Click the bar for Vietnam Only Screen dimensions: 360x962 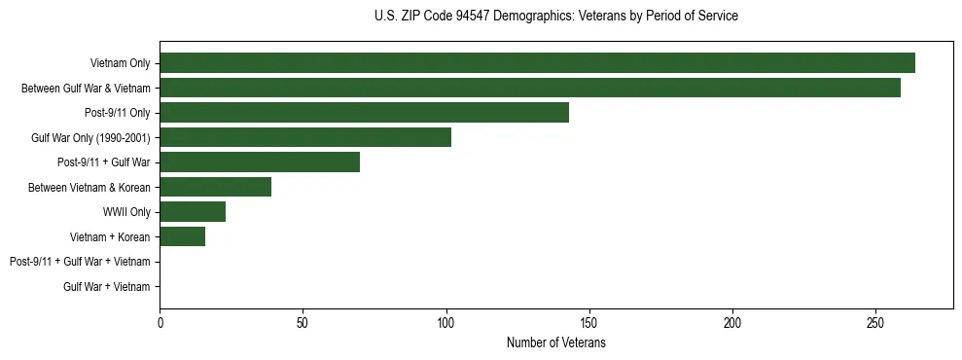tap(537, 63)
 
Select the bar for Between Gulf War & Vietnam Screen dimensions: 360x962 tap(530, 88)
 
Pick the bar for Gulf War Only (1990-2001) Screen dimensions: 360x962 tap(305, 137)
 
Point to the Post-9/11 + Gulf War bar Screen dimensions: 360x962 tap(260, 162)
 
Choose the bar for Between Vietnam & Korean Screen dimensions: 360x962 tap(215, 187)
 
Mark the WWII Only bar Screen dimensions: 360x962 tap(193, 212)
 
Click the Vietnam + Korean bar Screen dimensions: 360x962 tap(182, 236)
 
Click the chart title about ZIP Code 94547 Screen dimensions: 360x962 tap(555, 17)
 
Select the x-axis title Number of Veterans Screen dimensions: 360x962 tap(555, 342)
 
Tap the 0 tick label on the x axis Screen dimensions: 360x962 tap(160, 323)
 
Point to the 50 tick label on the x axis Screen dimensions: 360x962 tap(303, 323)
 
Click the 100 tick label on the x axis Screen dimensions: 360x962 tap(445, 323)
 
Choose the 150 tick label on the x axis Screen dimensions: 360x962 tap(589, 323)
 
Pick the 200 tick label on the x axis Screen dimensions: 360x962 tap(732, 323)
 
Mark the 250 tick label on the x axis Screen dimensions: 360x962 tap(875, 323)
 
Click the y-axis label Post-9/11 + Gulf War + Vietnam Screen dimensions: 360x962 tap(80, 262)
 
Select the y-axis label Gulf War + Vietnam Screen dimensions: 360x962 tap(106, 286)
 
